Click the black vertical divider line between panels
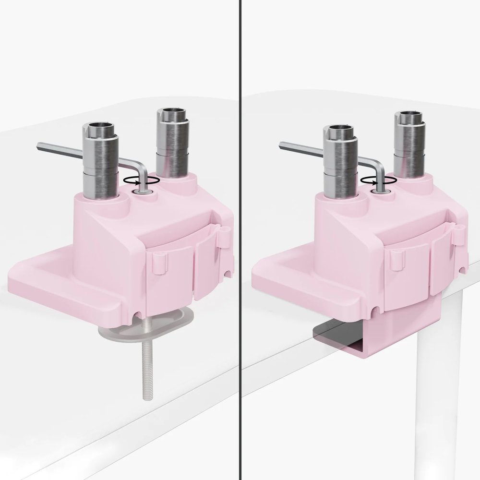(x=240, y=240)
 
